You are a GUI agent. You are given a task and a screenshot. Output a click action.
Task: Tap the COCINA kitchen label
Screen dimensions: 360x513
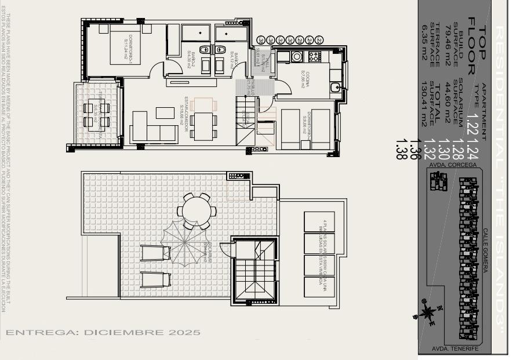pos(304,79)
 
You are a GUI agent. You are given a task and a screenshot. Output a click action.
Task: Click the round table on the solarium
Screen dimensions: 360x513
pos(197,210)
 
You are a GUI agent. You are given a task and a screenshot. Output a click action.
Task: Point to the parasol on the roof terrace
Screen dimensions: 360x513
pos(185,243)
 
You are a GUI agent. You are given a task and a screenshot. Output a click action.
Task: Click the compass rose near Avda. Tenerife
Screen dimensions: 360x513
pos(428,312)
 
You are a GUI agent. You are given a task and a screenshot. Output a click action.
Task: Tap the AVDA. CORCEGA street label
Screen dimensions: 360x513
pos(453,165)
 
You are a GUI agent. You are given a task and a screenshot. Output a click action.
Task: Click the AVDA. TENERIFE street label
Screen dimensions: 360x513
pos(456,348)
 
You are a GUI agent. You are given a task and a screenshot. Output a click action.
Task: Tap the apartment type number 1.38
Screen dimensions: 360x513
pos(399,150)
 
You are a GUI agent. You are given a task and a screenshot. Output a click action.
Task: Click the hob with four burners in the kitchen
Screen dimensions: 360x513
pos(314,56)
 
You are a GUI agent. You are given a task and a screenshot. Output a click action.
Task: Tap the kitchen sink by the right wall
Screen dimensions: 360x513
pos(336,88)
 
